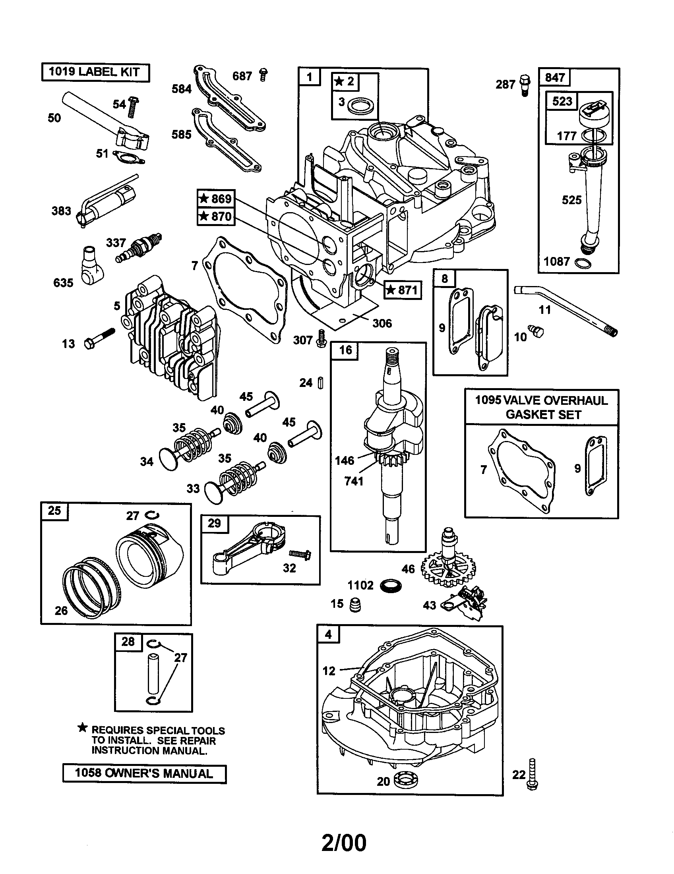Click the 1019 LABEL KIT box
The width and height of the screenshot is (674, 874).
95,72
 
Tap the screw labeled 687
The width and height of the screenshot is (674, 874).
263,75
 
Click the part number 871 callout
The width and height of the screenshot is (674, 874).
403,289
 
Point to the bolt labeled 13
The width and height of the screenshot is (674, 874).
99,338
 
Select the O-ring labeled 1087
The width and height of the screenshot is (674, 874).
583,263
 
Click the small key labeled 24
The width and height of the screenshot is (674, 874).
320,383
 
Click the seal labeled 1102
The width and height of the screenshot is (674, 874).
390,586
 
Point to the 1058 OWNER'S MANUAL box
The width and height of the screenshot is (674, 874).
144,773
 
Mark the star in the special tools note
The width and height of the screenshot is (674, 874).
82,728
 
